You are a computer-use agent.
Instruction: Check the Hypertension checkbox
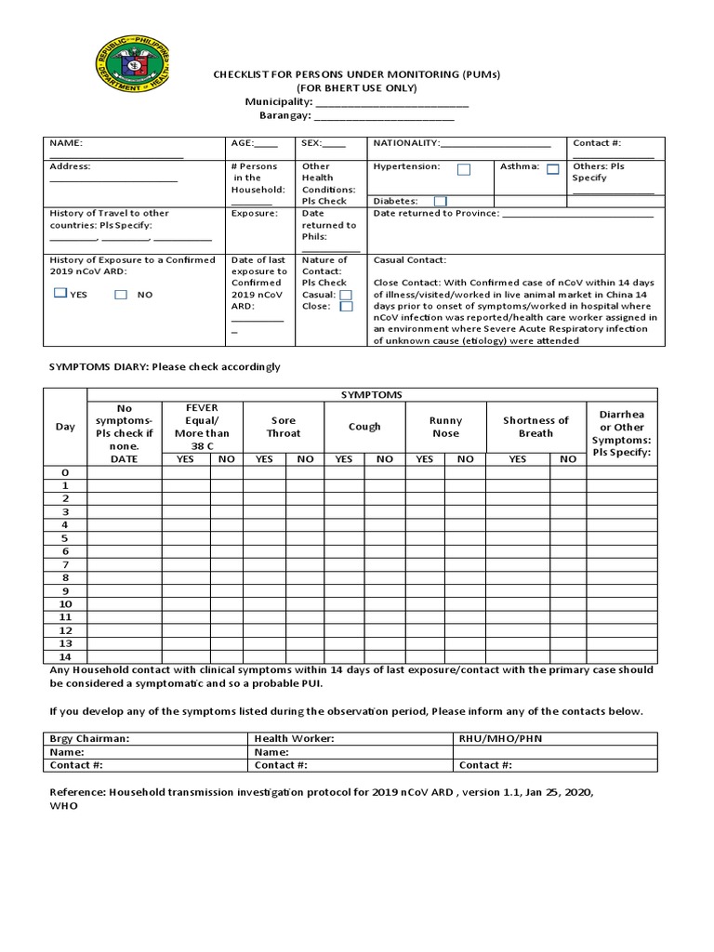tap(463, 169)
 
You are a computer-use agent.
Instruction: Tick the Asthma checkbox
tap(552, 168)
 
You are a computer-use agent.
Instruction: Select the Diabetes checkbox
tap(440, 201)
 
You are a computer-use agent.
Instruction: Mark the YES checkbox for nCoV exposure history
tap(60, 293)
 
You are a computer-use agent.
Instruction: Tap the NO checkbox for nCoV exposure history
tap(121, 294)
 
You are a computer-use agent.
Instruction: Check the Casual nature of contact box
tap(346, 294)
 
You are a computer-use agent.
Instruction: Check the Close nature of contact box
tap(346, 306)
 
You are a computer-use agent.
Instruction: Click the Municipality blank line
tap(391, 102)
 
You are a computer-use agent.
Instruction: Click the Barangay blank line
tap(384, 116)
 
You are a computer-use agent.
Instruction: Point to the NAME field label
tap(66, 143)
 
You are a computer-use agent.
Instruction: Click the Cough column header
tap(364, 427)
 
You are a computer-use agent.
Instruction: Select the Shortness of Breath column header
tap(535, 427)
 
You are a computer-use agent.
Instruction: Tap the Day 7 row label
tap(65, 564)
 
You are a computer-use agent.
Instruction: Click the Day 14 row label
tap(65, 656)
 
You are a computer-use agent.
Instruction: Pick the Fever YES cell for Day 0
tap(186, 472)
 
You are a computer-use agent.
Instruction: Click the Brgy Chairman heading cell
tap(89, 738)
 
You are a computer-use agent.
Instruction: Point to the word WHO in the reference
tap(63, 806)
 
